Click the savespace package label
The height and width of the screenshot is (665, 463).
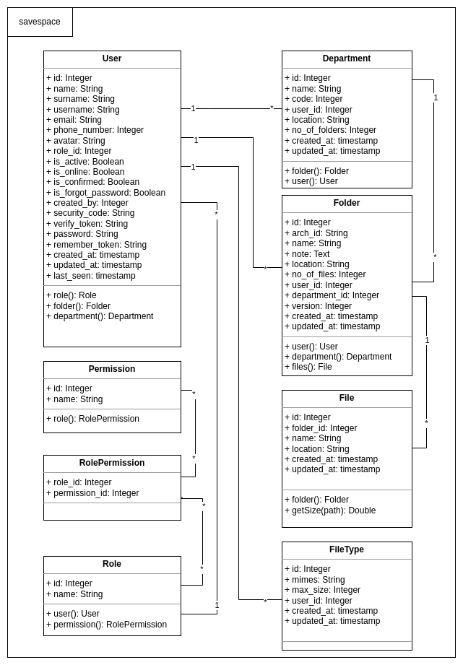click(40, 22)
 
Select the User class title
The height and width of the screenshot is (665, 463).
click(112, 58)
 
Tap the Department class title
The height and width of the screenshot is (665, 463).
click(347, 58)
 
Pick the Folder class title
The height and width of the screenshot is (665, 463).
click(347, 203)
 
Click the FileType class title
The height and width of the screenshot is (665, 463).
click(347, 549)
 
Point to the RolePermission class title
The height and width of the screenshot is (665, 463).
click(112, 463)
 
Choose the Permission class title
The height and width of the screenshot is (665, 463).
click(112, 369)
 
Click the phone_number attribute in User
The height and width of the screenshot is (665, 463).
click(95, 130)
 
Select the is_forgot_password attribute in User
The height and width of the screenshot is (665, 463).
click(105, 193)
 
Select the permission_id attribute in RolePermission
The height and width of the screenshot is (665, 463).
click(92, 493)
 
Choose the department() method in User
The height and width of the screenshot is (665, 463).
click(100, 316)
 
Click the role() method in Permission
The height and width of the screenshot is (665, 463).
click(92, 419)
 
